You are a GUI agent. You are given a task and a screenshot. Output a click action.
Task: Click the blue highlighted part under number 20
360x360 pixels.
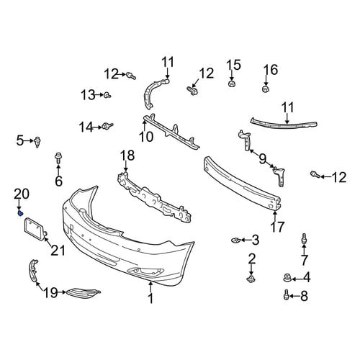pos(20,212)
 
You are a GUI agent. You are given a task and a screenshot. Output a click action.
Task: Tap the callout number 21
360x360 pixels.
pos(58,251)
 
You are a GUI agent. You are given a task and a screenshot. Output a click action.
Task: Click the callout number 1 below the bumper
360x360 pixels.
pos(150,298)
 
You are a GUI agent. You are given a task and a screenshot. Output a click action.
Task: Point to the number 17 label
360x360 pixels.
pos(277,227)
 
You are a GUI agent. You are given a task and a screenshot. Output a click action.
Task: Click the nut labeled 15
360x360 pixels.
pos(231,84)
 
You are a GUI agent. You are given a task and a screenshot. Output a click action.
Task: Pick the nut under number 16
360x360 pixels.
pos(265,89)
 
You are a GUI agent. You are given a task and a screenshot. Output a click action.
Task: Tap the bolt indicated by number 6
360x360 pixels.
pos(58,157)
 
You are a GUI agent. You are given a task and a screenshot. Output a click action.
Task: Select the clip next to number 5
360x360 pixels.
pos(37,142)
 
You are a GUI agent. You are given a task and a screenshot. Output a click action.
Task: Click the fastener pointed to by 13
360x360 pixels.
pos(107,95)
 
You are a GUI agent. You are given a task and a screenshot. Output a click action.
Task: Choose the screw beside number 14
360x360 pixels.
pos(107,126)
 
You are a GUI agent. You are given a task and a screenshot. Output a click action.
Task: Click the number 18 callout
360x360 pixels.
pos(127,156)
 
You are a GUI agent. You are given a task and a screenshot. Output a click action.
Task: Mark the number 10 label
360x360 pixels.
pos(146,137)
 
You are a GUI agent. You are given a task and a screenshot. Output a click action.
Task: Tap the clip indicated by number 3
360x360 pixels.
pos(235,240)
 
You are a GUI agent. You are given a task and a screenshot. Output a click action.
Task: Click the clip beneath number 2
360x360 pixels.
pos(251,279)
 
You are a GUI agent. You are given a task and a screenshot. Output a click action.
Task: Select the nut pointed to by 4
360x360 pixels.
pos(287,278)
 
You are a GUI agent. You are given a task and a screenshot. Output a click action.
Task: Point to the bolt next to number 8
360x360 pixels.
pos(286,294)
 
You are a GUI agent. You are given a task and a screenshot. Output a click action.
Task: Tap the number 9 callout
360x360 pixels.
pos(263,158)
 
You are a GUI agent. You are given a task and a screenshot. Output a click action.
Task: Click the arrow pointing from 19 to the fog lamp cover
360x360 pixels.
pos(62,292)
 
